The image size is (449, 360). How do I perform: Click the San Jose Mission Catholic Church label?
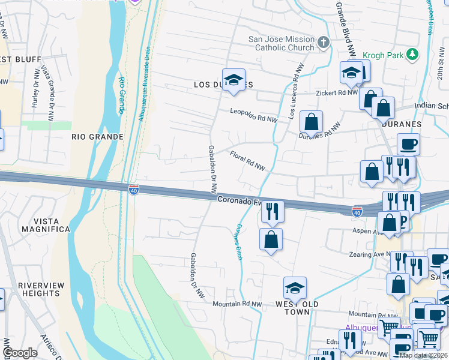coord(282,44)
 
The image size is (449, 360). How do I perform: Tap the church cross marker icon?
coord(324,43)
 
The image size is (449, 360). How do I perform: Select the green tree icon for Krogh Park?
coord(412,55)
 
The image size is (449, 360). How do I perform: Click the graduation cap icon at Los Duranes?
coord(234,80)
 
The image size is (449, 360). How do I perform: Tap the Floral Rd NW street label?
coord(247,160)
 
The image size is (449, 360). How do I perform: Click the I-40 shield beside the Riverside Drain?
coord(133,190)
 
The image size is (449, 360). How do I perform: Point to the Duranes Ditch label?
coord(239,242)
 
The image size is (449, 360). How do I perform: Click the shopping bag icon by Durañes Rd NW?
coord(311,122)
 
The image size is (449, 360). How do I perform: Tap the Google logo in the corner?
coord(20,353)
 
